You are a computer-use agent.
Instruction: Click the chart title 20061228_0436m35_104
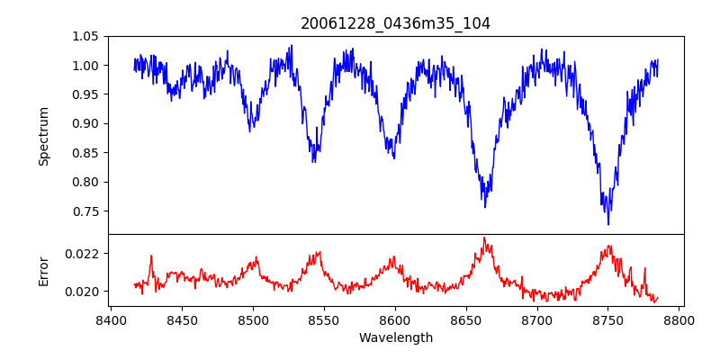[x=395, y=23]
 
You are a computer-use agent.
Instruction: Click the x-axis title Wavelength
[x=395, y=338]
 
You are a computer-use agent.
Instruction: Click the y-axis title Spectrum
[x=44, y=136]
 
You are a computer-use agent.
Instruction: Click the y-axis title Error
[x=44, y=271]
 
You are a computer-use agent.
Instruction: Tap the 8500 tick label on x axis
[x=253, y=319]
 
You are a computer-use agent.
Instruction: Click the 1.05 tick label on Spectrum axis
[x=90, y=36]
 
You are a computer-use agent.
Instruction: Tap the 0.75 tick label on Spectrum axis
[x=90, y=211]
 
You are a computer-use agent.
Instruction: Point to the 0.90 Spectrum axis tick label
[x=90, y=124]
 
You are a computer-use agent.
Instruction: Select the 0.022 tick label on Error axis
[x=86, y=254]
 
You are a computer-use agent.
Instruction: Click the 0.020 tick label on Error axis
[x=86, y=292]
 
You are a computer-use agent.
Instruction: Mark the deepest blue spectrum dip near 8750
[x=608, y=224]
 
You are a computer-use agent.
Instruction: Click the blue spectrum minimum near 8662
[x=484, y=207]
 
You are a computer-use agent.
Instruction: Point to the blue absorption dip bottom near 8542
[x=313, y=162]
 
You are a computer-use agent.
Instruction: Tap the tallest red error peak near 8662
[x=483, y=238]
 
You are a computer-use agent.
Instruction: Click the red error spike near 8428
[x=151, y=256]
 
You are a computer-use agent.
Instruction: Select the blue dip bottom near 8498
[x=250, y=131]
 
